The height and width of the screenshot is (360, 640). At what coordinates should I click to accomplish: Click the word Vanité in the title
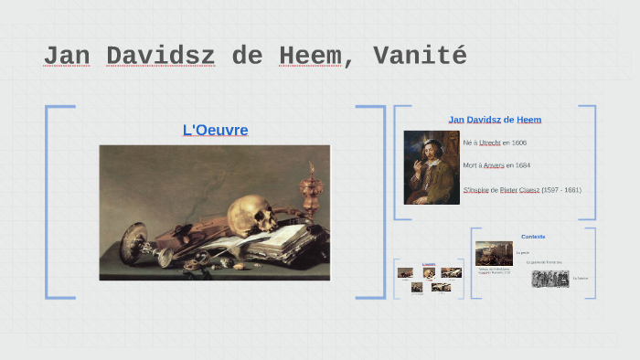[420, 56]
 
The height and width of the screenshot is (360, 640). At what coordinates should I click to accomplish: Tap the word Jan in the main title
[67, 56]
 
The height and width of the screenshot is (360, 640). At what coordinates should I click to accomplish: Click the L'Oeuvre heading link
[215, 130]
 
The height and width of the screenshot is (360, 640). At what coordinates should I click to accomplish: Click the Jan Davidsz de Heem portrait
[432, 166]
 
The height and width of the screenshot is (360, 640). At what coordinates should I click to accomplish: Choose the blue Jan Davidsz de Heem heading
[495, 120]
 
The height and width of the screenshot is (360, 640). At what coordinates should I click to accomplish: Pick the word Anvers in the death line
[495, 165]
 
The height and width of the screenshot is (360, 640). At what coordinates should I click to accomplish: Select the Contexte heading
[533, 237]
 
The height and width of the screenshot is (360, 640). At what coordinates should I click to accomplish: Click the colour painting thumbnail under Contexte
[494, 253]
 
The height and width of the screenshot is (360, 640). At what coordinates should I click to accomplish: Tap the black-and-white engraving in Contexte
[550, 278]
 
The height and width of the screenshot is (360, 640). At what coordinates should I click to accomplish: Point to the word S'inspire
[475, 190]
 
